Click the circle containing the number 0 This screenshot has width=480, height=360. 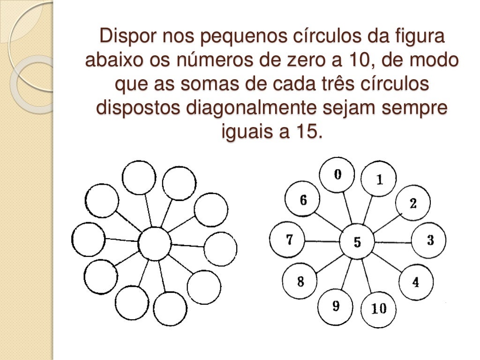click(337, 175)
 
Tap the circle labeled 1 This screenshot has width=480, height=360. click(379, 180)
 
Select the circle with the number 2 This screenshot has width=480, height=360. click(412, 203)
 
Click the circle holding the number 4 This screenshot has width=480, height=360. click(415, 282)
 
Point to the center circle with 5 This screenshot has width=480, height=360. click(357, 242)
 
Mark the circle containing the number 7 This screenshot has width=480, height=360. click(289, 240)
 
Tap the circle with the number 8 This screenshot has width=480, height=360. click(300, 282)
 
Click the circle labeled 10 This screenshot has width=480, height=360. click(378, 309)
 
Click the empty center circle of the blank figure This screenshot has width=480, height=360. click(155, 244)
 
